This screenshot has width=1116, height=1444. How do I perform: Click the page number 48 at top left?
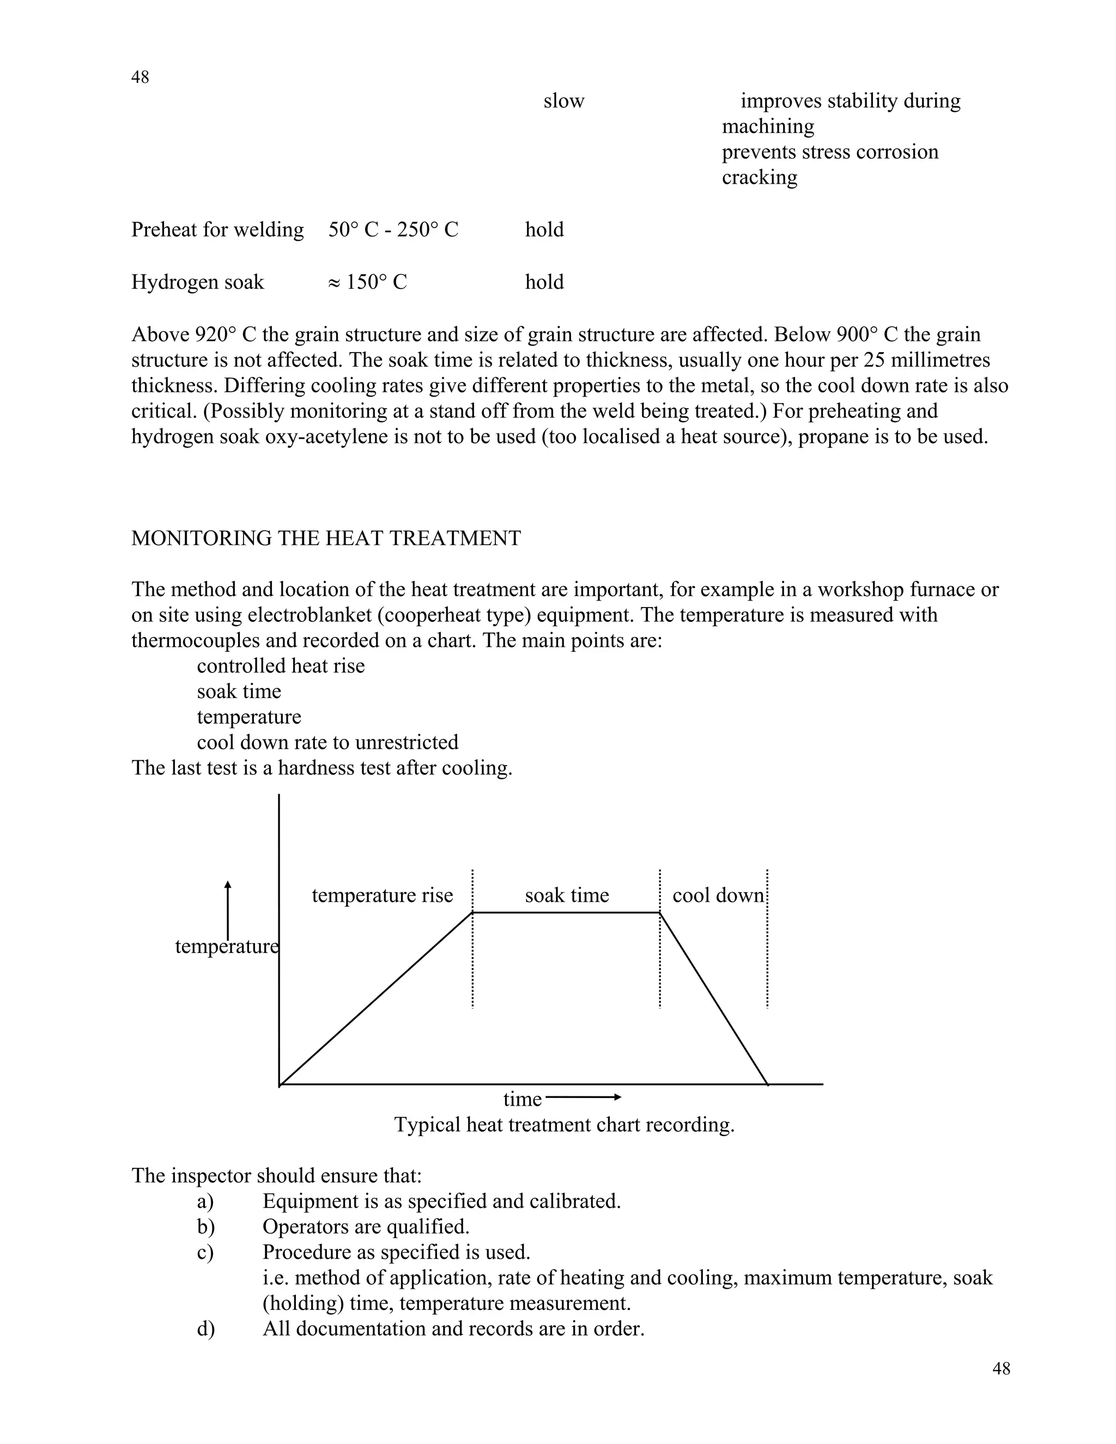click(140, 77)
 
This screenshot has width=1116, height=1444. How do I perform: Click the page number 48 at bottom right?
click(1001, 1369)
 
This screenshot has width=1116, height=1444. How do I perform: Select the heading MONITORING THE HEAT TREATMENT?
click(326, 538)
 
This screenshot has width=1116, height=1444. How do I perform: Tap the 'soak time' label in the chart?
click(567, 895)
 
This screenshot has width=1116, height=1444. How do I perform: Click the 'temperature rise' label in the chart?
click(382, 895)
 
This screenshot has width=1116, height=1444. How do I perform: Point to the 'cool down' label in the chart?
click(718, 895)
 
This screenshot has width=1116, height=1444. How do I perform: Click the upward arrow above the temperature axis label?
click(227, 909)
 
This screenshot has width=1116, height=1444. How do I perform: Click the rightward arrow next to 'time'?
click(584, 1097)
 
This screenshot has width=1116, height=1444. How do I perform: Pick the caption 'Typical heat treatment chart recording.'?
click(564, 1125)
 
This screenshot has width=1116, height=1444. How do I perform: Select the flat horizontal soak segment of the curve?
click(566, 912)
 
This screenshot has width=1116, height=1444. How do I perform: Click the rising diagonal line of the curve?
click(375, 999)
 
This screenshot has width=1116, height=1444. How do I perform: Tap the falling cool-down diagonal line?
click(714, 998)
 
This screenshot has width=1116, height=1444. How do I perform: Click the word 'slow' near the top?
click(563, 101)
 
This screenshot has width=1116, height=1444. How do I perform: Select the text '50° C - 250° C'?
click(393, 230)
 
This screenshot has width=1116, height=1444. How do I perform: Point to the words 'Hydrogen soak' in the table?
click(197, 282)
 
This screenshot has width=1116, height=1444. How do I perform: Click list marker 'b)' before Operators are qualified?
click(205, 1227)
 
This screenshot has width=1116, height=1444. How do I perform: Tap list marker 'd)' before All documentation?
click(205, 1329)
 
